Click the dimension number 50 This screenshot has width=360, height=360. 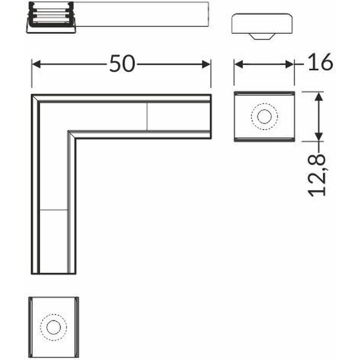[122, 64]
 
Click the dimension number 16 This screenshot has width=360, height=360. [320, 62]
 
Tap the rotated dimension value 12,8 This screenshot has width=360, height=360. [317, 175]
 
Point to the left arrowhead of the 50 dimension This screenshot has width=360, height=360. [36, 64]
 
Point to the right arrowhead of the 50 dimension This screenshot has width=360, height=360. [206, 64]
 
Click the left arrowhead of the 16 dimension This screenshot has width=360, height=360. [239, 65]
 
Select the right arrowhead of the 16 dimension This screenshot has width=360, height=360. [290, 65]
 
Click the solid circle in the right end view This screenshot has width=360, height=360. [264, 116]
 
